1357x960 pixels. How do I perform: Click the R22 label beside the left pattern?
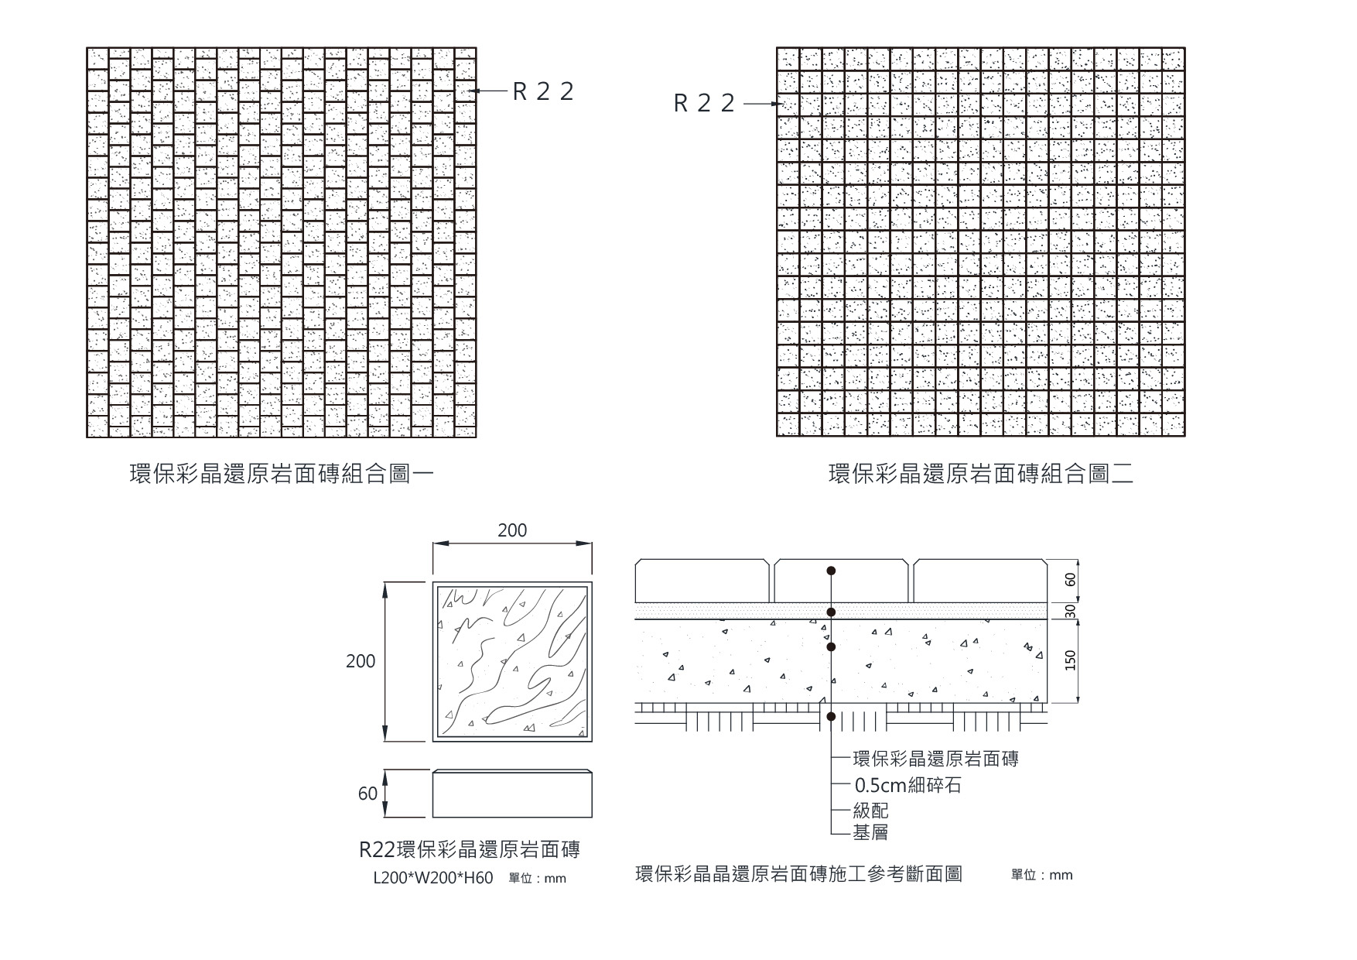pos(543,91)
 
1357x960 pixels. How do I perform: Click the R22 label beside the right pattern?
pos(703,103)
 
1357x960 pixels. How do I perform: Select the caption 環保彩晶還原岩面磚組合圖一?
pos(281,474)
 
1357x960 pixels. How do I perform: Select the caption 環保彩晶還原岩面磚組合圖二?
pos(981,474)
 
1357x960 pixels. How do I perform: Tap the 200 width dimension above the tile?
pos(512,530)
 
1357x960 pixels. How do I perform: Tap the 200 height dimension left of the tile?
pos(361,661)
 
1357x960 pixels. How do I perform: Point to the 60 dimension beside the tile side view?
pos(367,794)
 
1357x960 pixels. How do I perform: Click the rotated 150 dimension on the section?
pos(1071,660)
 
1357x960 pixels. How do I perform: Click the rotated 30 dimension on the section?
pos(1071,611)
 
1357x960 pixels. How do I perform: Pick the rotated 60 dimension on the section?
pos(1071,580)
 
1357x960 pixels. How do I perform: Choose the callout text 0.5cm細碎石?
pos(908,785)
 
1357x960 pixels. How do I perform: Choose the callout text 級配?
pos(870,811)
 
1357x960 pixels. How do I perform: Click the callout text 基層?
pos(870,832)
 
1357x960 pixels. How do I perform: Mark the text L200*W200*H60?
pos(432,879)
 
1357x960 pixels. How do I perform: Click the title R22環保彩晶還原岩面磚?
pos(470,849)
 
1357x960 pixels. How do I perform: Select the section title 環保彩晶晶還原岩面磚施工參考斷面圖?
pos(798,874)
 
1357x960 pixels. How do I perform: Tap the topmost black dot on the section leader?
pos(831,571)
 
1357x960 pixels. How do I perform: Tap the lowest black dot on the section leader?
pos(831,717)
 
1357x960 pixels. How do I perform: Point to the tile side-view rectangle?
pos(512,794)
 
